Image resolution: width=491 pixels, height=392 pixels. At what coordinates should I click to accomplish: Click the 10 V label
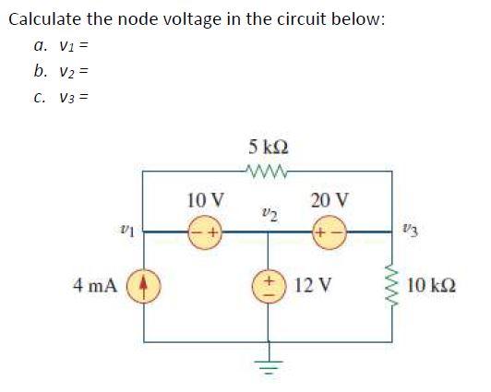click(x=204, y=199)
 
